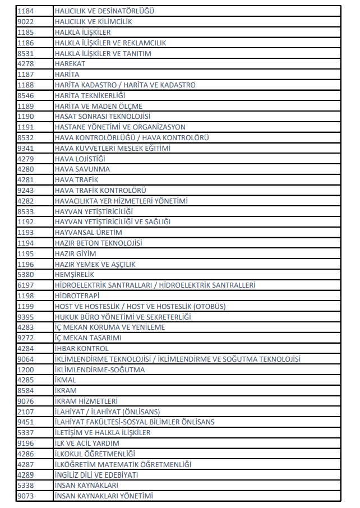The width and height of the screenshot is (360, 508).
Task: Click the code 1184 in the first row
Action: pos(26,11)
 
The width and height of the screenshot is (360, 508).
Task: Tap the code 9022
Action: pos(26,21)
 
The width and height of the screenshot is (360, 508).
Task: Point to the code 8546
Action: pos(26,95)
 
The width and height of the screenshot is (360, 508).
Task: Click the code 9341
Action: pos(26,148)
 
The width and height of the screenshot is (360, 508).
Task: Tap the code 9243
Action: pos(26,190)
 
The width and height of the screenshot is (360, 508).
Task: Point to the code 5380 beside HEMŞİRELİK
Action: pos(26,275)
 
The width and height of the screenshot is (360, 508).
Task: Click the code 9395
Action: pos(26,317)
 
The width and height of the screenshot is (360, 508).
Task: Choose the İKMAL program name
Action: pos(65,380)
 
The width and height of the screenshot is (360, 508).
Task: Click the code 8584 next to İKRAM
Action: pos(26,390)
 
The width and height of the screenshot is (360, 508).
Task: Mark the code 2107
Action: pos(26,412)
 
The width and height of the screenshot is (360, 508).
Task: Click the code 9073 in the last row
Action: pos(26,496)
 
